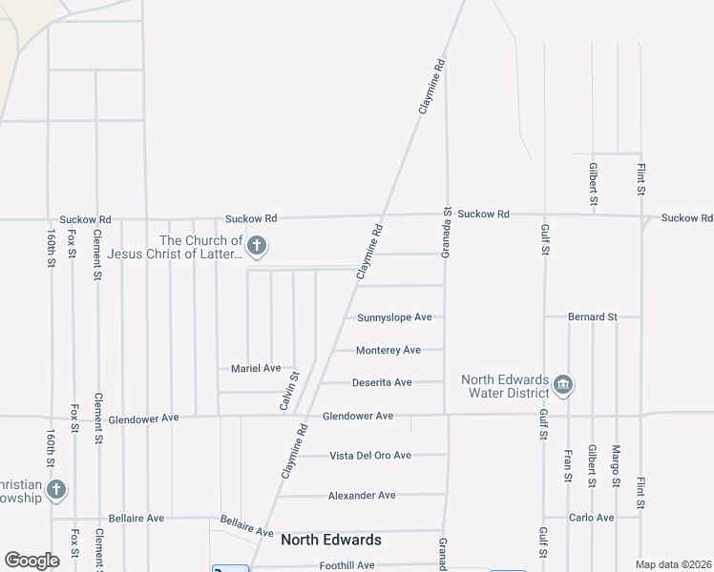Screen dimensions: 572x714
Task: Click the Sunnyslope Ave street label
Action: pos(394,317)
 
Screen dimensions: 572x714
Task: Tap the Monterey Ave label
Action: pos(388,351)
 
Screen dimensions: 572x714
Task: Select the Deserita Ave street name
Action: pos(382,383)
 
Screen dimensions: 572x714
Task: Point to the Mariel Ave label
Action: pos(256,368)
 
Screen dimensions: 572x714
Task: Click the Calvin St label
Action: pos(289,392)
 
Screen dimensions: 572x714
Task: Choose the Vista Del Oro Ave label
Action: pos(370,456)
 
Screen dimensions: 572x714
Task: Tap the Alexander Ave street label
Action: pos(362,496)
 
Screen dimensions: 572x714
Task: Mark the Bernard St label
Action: pos(592,317)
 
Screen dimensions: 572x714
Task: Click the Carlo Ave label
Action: pos(592,518)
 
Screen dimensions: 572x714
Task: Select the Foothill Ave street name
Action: pos(346,565)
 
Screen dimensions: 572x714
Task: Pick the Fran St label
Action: pos(568,465)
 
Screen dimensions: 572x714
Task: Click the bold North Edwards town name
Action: pos(331,541)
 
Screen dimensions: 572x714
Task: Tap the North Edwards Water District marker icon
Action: pos(562,385)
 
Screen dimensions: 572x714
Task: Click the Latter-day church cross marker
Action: pos(256,247)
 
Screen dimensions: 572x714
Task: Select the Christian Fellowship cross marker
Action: pos(56,490)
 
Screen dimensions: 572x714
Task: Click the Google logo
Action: pos(31,561)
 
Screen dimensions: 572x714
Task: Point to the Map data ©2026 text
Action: pos(674,564)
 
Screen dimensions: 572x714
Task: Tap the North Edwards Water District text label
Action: pos(506,385)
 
